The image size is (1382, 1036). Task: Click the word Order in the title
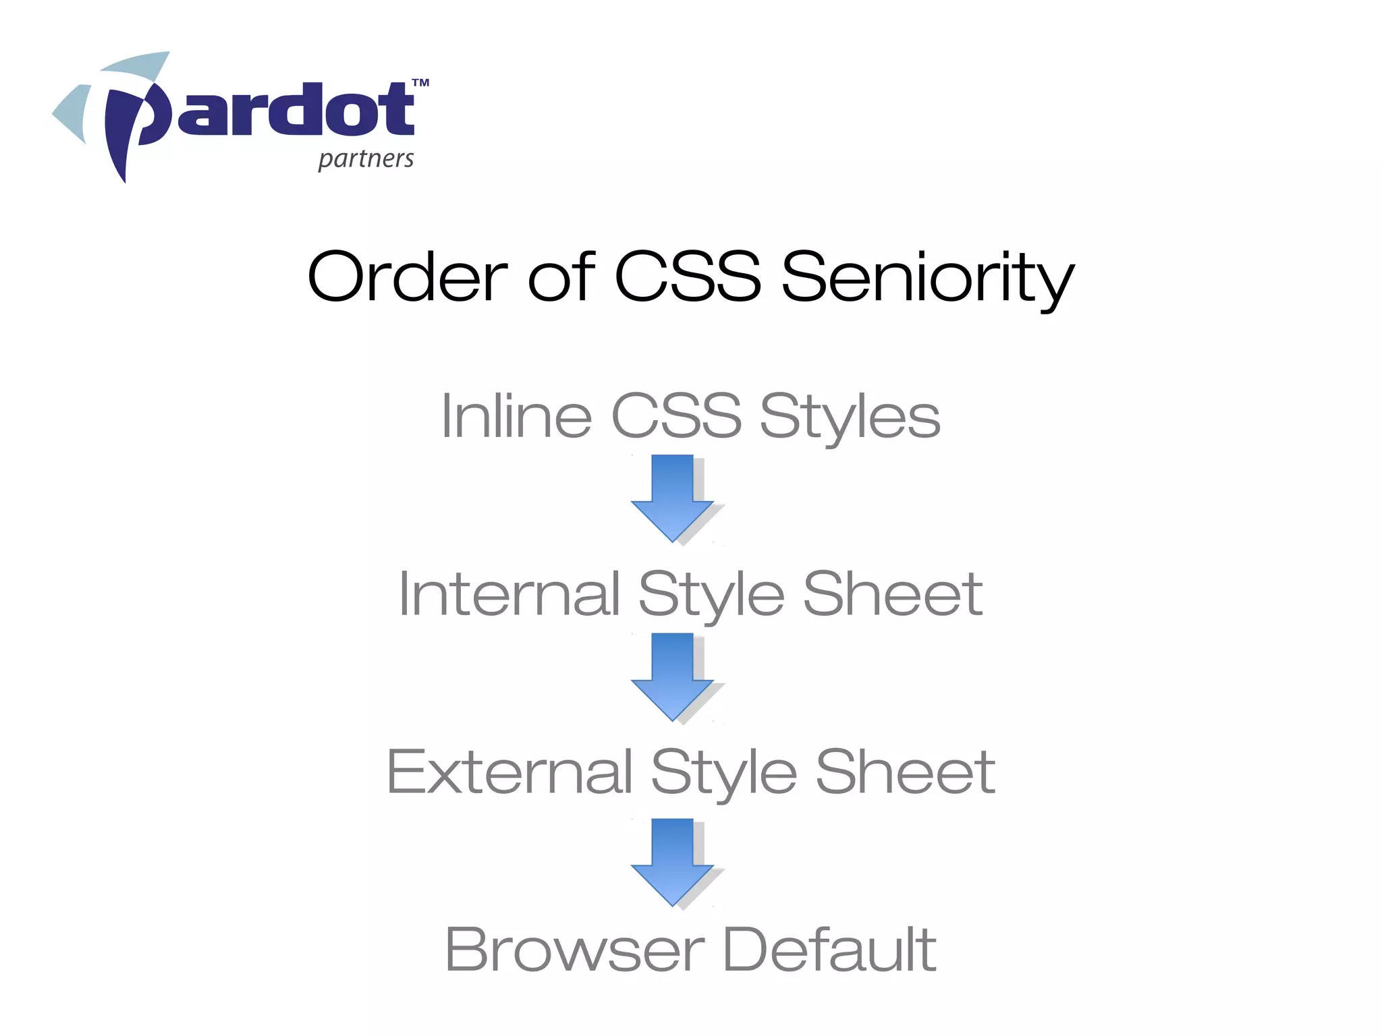[x=407, y=276]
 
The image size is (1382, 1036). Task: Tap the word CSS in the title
[x=688, y=276]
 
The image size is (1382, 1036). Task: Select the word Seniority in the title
[x=928, y=278]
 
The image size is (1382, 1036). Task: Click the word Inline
[x=516, y=416]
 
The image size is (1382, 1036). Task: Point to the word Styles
[x=850, y=418]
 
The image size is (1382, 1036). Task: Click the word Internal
[x=509, y=594]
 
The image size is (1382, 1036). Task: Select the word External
[x=509, y=772]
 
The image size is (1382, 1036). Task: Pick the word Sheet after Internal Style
[x=892, y=594]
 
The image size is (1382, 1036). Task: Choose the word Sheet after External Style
[x=905, y=772]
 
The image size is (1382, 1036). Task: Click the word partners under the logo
[x=366, y=159]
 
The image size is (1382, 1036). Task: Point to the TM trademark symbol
[x=420, y=84]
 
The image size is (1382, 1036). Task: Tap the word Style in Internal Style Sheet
[x=711, y=596]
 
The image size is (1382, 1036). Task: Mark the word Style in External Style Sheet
[x=723, y=774]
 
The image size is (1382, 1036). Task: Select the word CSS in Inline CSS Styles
[x=676, y=416]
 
